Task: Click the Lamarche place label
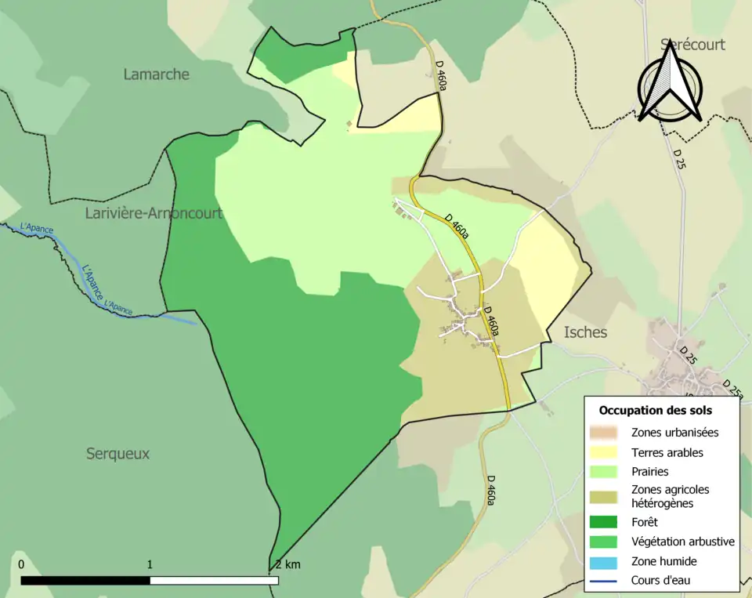click(157, 74)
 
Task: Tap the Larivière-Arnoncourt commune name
click(154, 213)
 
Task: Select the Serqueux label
click(118, 454)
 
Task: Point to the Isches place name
click(585, 332)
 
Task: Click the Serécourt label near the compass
click(692, 45)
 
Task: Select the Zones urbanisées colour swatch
click(606, 433)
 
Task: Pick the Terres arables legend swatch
click(606, 452)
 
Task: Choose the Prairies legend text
click(649, 472)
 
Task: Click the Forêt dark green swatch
click(606, 522)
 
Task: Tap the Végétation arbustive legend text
click(682, 542)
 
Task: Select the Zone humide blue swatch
click(606, 561)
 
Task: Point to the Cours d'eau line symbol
click(606, 581)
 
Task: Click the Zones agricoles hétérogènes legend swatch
click(606, 496)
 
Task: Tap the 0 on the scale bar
click(21, 564)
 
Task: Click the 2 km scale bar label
click(287, 564)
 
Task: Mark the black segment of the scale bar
click(85, 581)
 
